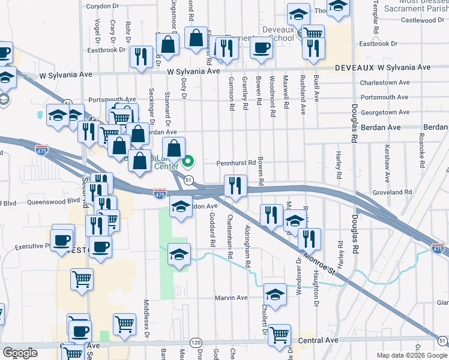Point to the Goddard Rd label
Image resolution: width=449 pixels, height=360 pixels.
[x=212, y=236]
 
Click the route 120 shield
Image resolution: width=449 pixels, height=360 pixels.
[x=196, y=342]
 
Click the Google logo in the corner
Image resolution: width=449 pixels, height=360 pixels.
[x=20, y=353]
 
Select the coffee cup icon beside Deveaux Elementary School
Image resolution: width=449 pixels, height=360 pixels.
[x=261, y=48]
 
